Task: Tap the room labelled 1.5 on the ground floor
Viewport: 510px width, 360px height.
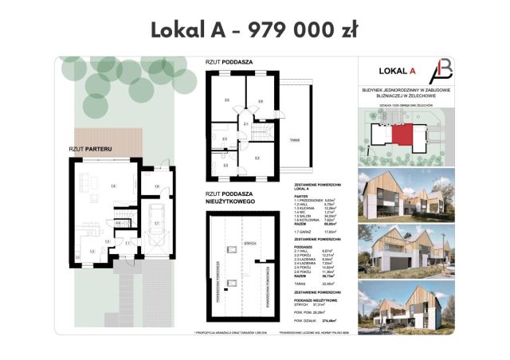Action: click(113, 185)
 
